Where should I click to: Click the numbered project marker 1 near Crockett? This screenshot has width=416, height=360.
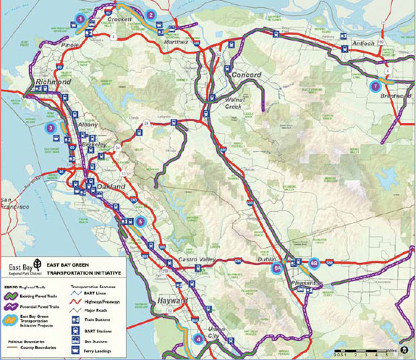80,18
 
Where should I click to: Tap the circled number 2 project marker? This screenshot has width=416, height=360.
151,14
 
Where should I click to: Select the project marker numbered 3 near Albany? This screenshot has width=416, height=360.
50,127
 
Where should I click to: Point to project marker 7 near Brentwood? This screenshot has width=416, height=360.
374,86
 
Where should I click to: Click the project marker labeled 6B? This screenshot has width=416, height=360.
314,263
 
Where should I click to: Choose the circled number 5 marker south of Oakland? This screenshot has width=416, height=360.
141,221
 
